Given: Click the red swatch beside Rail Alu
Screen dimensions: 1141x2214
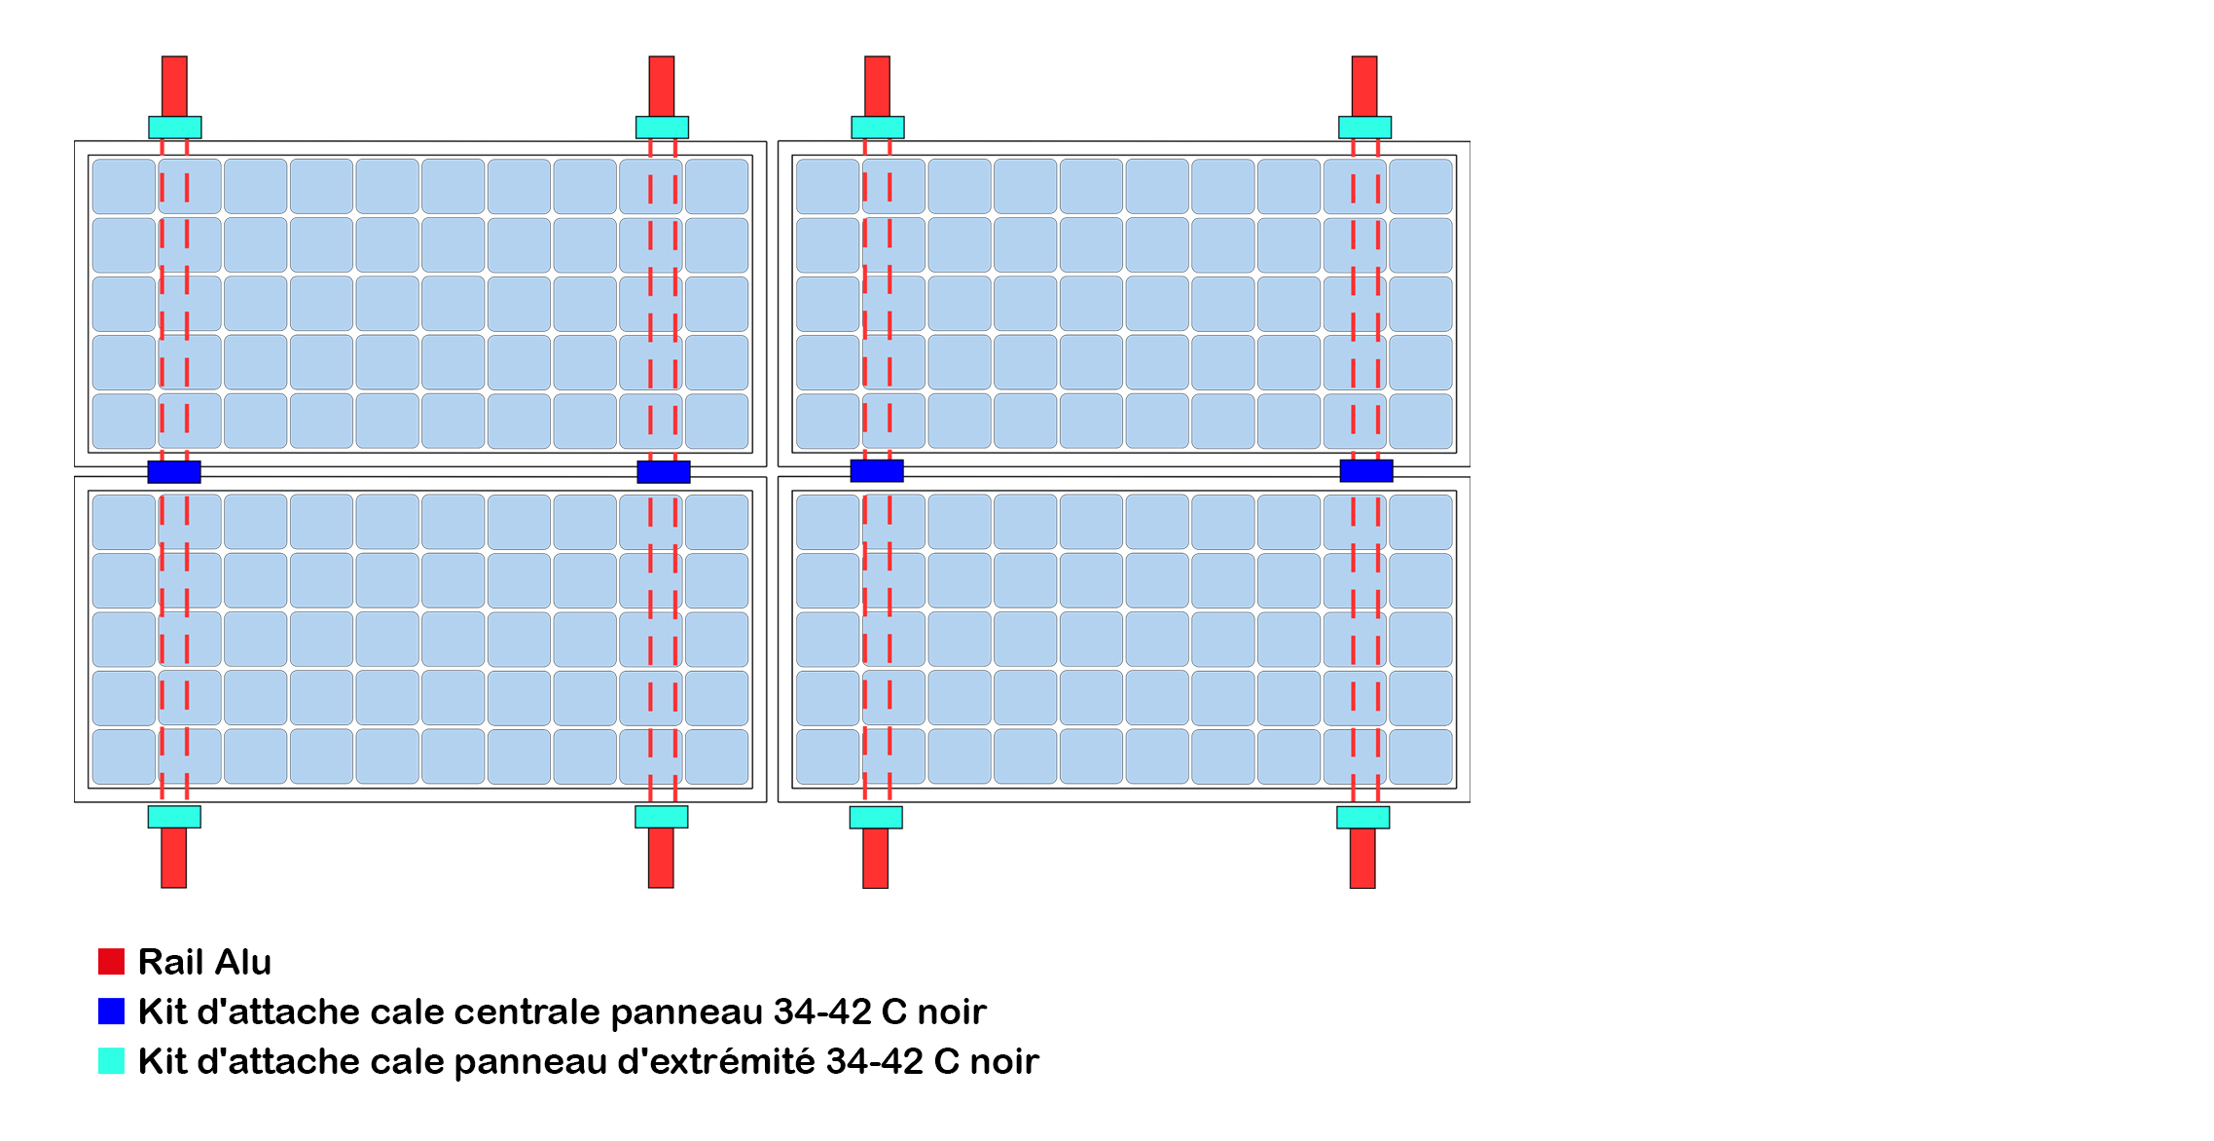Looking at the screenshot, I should pyautogui.click(x=111, y=962).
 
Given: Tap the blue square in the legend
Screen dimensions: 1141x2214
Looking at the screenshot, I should pyautogui.click(x=111, y=1012).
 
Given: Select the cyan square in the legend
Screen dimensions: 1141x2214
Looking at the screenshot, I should pyautogui.click(x=111, y=1061).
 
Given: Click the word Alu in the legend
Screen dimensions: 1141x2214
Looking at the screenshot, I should pyautogui.click(x=243, y=962).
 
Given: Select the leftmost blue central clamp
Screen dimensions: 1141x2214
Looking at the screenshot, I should pyautogui.click(x=174, y=472).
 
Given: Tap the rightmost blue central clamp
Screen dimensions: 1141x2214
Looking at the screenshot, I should pyautogui.click(x=1366, y=471).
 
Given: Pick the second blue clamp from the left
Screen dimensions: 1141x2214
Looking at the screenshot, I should pyautogui.click(x=664, y=472).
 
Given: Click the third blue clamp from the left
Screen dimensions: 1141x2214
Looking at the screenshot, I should pyautogui.click(x=877, y=471).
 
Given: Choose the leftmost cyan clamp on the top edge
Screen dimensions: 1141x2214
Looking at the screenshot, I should pyautogui.click(x=175, y=128).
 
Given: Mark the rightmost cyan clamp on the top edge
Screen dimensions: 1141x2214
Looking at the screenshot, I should pyautogui.click(x=1365, y=128).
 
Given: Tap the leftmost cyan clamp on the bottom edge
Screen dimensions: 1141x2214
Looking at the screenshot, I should pyautogui.click(x=174, y=817).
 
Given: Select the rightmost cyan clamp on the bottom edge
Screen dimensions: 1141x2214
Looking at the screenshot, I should pyautogui.click(x=1363, y=818).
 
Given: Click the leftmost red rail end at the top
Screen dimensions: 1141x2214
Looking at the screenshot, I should pyautogui.click(x=174, y=86).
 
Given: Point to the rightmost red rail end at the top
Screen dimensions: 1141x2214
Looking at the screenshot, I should pyautogui.click(x=1364, y=86).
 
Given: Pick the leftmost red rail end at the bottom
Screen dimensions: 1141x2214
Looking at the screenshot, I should pyautogui.click(x=173, y=858).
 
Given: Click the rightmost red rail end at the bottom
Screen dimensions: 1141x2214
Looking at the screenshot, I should pyautogui.click(x=1362, y=859).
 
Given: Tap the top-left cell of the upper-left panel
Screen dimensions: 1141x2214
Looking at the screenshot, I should pyautogui.click(x=124, y=186).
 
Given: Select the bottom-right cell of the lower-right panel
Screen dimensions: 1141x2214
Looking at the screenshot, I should pyautogui.click(x=1421, y=756).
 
